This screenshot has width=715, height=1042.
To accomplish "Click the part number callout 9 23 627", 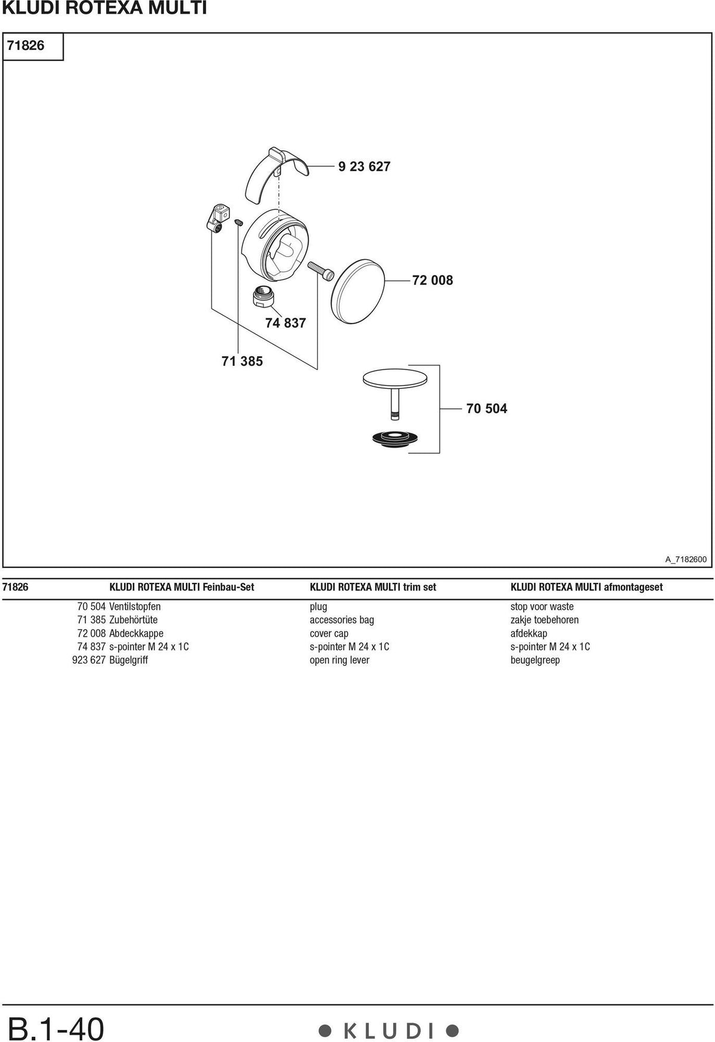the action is coord(364,167).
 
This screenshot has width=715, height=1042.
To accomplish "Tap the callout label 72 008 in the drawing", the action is coord(433,280).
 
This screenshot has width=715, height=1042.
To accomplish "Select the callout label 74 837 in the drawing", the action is coord(285,323).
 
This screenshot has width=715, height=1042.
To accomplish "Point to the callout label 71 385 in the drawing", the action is coord(242,361).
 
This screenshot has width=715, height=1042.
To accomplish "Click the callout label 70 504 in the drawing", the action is coord(487,408).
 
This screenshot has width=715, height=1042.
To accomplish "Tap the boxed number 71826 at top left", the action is coord(26,45).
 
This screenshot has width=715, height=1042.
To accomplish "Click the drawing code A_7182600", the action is coord(686,559).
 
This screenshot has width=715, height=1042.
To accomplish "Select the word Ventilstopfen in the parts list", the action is coord(135,607).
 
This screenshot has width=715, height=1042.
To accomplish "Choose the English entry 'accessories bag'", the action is coord(342,620).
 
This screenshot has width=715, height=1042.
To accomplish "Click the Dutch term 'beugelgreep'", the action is coord(535,660).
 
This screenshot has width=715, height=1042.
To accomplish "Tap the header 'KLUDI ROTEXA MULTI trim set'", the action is coord(373,587).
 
